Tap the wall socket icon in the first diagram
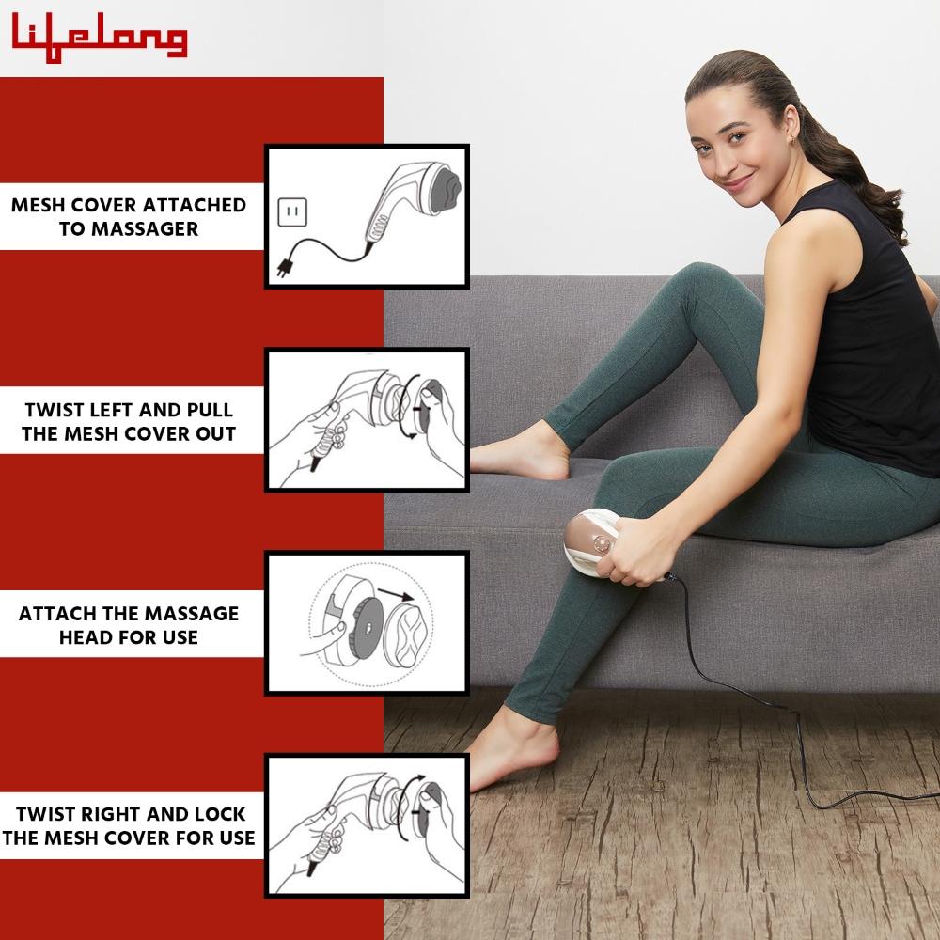(x=292, y=212)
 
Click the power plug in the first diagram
(x=284, y=266)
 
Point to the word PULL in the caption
(x=210, y=410)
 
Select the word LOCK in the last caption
(x=219, y=814)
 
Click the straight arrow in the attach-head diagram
(x=396, y=595)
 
